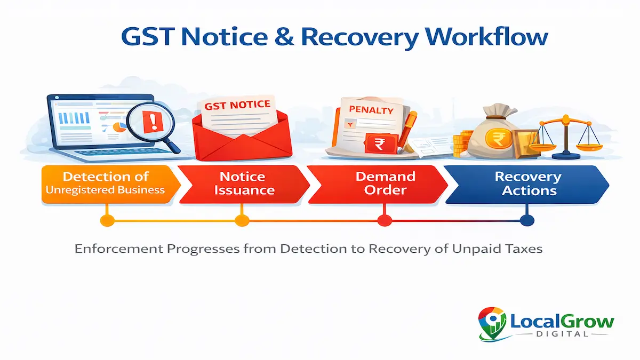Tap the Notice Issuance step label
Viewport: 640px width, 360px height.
click(244, 183)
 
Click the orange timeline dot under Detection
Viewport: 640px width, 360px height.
click(107, 220)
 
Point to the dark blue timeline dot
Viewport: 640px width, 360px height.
click(526, 220)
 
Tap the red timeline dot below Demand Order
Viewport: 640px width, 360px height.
click(384, 220)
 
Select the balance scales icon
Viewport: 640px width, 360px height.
click(565, 136)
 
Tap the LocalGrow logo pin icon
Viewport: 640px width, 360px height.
click(492, 322)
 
